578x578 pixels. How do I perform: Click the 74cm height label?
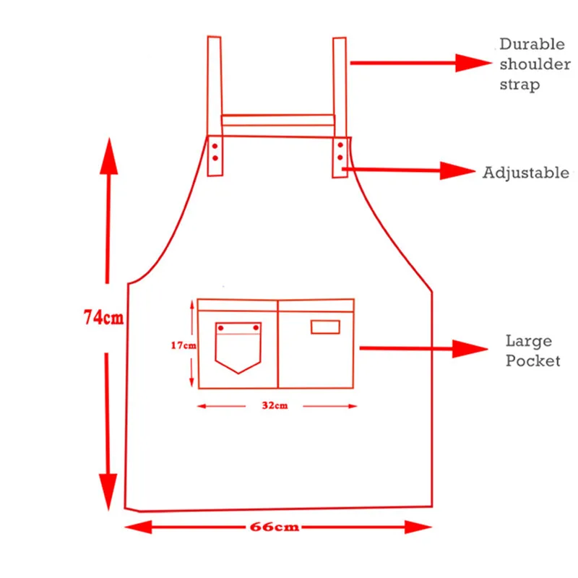(x=103, y=317)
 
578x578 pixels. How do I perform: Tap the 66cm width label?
(x=275, y=527)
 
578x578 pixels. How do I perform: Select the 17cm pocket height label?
(x=184, y=345)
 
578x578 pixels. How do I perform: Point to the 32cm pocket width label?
(x=275, y=405)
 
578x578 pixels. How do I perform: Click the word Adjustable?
(x=526, y=173)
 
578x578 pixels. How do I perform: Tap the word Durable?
(x=532, y=44)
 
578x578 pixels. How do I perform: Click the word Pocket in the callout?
(x=532, y=361)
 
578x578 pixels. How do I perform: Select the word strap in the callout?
(x=519, y=85)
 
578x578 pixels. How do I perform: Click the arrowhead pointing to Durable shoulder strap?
(x=473, y=63)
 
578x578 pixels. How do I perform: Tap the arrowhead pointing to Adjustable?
(x=457, y=171)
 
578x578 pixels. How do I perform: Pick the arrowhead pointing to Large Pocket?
(x=470, y=349)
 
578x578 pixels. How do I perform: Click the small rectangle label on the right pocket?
(x=325, y=327)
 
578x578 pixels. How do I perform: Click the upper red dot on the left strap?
(x=215, y=147)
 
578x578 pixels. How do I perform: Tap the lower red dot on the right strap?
(x=340, y=158)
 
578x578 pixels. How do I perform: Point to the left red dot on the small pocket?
(x=221, y=328)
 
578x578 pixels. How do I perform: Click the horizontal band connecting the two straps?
(x=278, y=121)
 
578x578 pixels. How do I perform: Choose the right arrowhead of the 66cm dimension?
(x=418, y=527)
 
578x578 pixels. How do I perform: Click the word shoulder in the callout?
(x=535, y=64)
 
